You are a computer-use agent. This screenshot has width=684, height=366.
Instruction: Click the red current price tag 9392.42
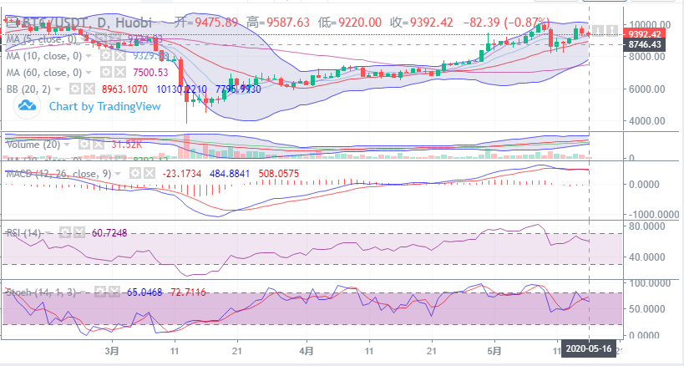(x=646, y=34)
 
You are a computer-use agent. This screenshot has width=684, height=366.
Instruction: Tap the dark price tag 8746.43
(x=646, y=44)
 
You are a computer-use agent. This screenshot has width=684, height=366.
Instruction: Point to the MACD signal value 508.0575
(x=284, y=173)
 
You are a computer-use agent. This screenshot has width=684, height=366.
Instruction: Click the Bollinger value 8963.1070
(x=124, y=87)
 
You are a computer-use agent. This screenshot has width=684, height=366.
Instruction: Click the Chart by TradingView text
(x=93, y=106)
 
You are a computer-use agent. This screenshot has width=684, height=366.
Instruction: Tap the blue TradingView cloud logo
(x=29, y=105)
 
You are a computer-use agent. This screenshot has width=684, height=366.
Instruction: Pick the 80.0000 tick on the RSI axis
(x=646, y=226)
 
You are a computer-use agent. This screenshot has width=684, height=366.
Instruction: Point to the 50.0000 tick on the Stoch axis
(x=646, y=308)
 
